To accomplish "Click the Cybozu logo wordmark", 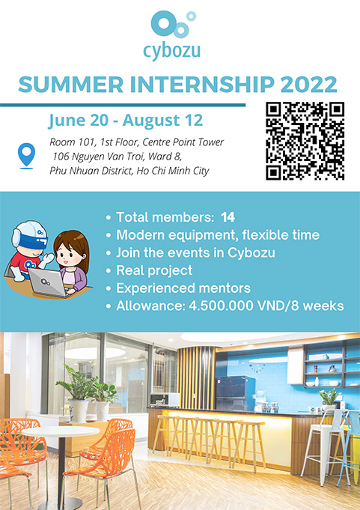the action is pyautogui.click(x=171, y=52).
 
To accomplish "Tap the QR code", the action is pyautogui.click(x=305, y=141).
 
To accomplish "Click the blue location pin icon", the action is pyautogui.click(x=26, y=156).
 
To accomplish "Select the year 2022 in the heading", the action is pyautogui.click(x=308, y=84).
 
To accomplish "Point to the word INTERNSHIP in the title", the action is pyautogui.click(x=202, y=84).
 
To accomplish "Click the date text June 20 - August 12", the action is pyautogui.click(x=126, y=121).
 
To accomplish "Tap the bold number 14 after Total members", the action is pyautogui.click(x=228, y=217).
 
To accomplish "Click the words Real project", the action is pyautogui.click(x=154, y=270).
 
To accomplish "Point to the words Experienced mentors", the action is pyautogui.click(x=183, y=288).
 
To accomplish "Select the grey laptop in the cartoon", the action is pyautogui.click(x=48, y=282).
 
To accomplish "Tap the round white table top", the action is pyautogui.click(x=61, y=431).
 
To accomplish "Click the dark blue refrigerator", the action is pyautogui.click(x=231, y=393).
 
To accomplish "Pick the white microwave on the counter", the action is pyautogui.click(x=165, y=399).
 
